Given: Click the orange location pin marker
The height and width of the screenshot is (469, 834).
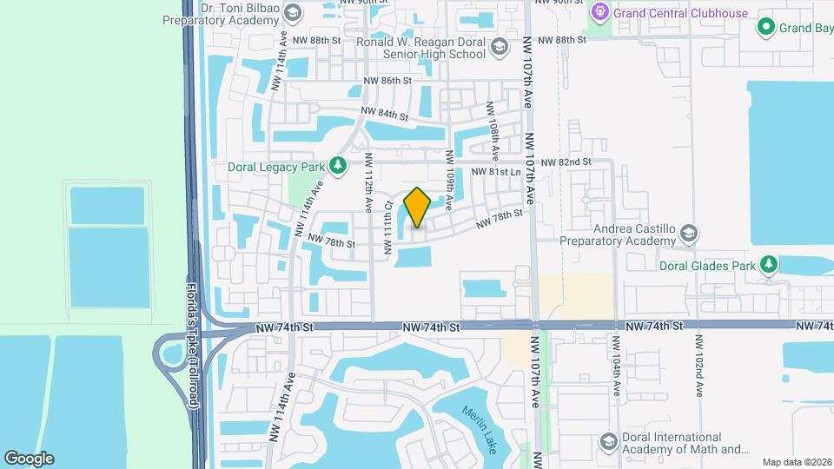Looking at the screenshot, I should [x=417, y=207].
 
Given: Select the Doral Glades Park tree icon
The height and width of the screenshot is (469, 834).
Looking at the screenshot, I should [x=767, y=263].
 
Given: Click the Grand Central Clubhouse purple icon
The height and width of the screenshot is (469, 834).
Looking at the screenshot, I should [x=599, y=13].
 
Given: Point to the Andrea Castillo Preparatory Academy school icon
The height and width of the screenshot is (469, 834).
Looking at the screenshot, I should [x=688, y=233].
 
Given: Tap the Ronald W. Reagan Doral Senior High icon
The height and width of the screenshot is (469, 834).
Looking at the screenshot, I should [x=499, y=48].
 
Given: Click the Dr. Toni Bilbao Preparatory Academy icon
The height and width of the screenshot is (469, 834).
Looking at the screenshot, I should [x=292, y=13].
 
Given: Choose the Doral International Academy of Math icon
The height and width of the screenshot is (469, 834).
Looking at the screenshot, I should [x=608, y=443].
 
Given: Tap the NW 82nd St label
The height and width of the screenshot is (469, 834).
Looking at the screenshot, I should [x=566, y=162].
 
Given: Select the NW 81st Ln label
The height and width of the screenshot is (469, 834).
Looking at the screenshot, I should [x=495, y=173].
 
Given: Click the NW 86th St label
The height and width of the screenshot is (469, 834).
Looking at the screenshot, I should [x=387, y=81].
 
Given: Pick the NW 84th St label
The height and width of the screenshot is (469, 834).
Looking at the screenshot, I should [x=385, y=114].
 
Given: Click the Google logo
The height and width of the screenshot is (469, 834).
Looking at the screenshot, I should [x=29, y=458].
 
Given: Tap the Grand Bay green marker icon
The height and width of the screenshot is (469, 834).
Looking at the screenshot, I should [x=766, y=28].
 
